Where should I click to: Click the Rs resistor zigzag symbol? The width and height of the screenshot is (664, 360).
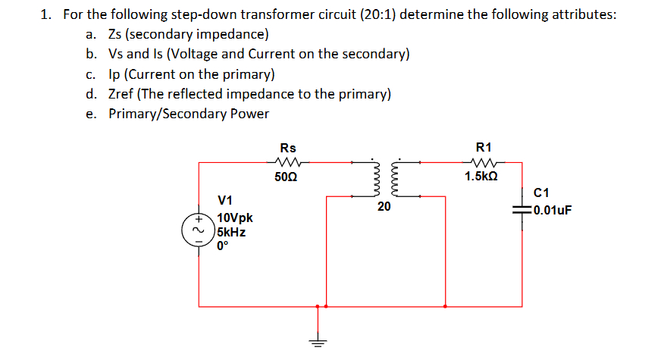289,161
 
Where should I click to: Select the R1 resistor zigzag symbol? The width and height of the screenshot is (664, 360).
483,161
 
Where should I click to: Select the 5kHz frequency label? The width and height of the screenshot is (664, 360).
231,232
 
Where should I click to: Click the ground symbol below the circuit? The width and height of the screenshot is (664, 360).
318,340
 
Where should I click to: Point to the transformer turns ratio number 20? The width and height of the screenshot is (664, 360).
384,207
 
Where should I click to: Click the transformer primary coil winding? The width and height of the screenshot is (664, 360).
373,179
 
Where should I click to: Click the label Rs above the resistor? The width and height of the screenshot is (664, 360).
288,147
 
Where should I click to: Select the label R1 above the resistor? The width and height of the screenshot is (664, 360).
483,147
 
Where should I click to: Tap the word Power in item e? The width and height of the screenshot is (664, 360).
249,114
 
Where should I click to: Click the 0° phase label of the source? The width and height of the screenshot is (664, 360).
222,246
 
